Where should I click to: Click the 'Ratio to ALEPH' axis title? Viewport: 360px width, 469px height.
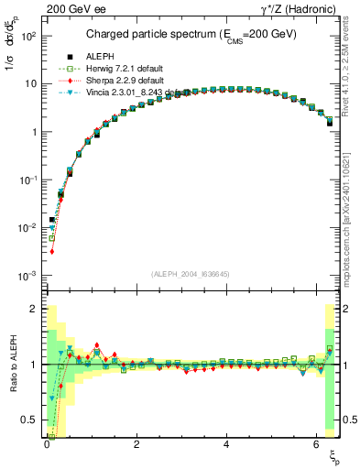tap(12, 364)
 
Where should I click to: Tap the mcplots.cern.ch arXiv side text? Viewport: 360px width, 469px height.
tap(352, 211)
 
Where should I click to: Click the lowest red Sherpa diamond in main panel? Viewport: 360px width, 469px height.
tap(52, 251)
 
